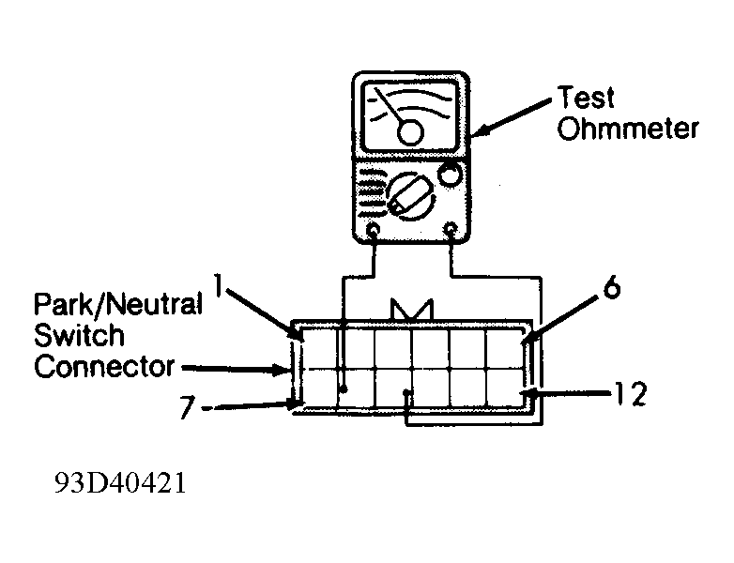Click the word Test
(x=586, y=99)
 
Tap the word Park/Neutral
(x=118, y=304)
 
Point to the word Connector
(x=104, y=367)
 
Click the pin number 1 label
(x=217, y=285)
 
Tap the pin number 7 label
(x=187, y=407)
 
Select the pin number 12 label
(x=631, y=394)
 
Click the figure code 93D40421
(x=120, y=482)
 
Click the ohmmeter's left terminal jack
(x=373, y=230)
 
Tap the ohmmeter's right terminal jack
(x=451, y=229)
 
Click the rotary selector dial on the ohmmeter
(x=410, y=196)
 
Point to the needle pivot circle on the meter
(x=410, y=132)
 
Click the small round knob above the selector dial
(x=450, y=175)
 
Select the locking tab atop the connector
(x=412, y=310)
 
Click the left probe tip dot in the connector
(x=344, y=388)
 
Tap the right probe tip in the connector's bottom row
(x=407, y=392)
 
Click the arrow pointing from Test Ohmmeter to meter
(x=512, y=117)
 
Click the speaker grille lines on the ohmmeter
(x=372, y=192)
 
